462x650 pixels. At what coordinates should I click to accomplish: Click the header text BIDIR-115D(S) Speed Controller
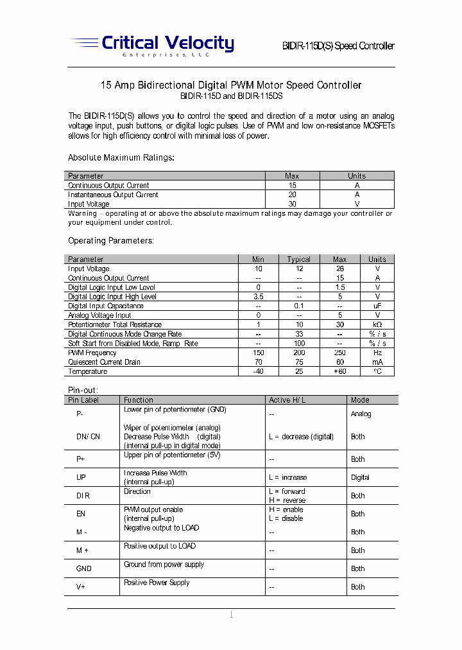click(338, 46)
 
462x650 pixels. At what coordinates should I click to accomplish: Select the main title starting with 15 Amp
click(231, 85)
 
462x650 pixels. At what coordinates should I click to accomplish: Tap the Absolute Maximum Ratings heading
click(121, 157)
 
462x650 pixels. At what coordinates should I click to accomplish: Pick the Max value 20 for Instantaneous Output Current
click(292, 195)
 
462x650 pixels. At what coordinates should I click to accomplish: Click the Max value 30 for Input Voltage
click(292, 204)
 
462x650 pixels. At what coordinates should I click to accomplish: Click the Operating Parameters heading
click(111, 241)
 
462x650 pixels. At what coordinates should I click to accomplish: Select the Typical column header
click(298, 259)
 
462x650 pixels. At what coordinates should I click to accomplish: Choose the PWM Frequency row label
click(92, 353)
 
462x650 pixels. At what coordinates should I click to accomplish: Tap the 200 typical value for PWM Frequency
click(298, 353)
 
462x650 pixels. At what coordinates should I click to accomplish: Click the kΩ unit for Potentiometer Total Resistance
click(377, 325)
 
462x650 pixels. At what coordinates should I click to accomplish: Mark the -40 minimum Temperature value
click(258, 371)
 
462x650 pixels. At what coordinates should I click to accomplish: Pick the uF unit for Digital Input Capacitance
click(377, 306)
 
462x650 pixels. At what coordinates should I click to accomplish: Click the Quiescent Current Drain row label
click(104, 362)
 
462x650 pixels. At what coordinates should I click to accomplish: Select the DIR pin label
click(83, 496)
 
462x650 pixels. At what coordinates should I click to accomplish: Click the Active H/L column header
click(287, 400)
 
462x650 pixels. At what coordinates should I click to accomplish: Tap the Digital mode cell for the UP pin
click(360, 477)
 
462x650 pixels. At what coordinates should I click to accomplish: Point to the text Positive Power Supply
click(157, 583)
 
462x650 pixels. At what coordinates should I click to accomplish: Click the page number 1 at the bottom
click(231, 615)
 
